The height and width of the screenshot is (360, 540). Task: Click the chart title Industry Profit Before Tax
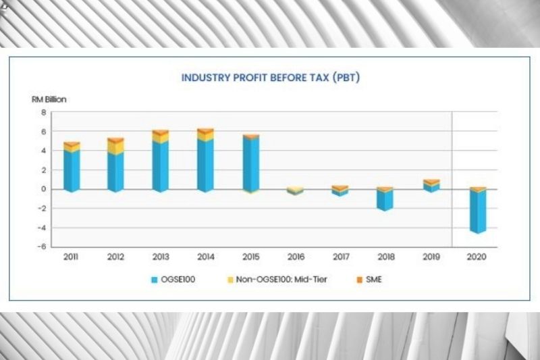pyautogui.click(x=270, y=78)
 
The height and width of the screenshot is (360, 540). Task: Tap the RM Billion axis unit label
pyautogui.click(x=49, y=99)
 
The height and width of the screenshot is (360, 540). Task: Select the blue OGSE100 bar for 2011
pyautogui.click(x=71, y=171)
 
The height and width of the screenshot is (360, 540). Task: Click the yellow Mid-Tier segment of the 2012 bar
pyautogui.click(x=115, y=147)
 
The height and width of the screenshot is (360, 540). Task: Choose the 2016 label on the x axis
pyautogui.click(x=295, y=257)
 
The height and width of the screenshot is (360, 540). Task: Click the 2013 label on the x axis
pyautogui.click(x=160, y=257)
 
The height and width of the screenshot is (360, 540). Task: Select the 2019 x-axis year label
pyautogui.click(x=431, y=257)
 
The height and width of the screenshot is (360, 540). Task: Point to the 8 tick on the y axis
pyautogui.click(x=44, y=113)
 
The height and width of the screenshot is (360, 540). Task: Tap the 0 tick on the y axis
pyautogui.click(x=44, y=189)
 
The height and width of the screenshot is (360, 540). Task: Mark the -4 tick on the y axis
pyautogui.click(x=43, y=228)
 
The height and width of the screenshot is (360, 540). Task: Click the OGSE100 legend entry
pyautogui.click(x=174, y=279)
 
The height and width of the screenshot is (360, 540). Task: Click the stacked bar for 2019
pyautogui.click(x=431, y=186)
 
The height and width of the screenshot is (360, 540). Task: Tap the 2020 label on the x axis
pyautogui.click(x=478, y=257)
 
